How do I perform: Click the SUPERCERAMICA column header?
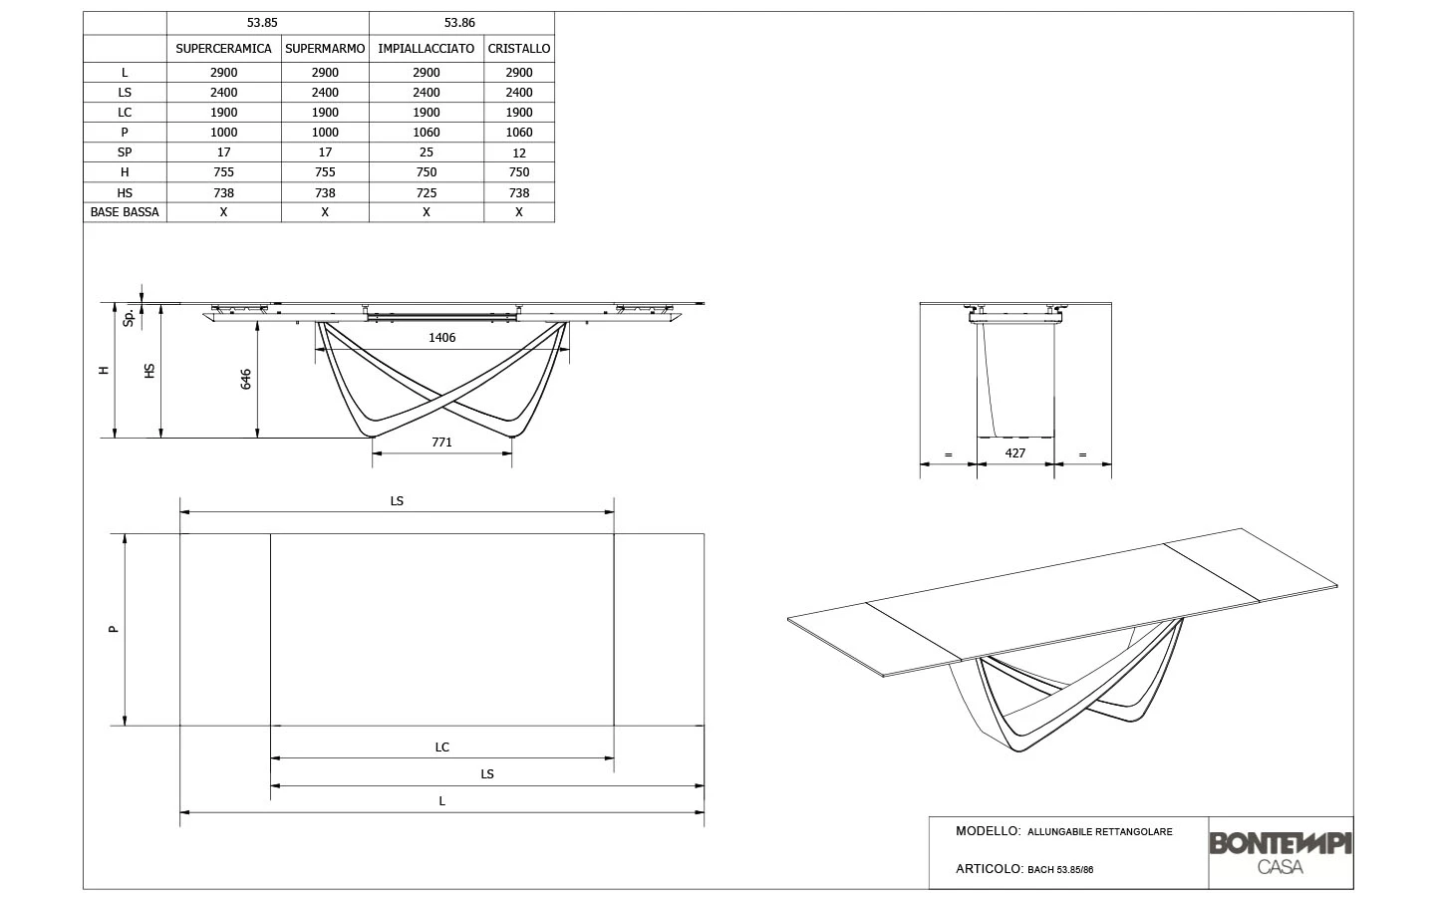223,48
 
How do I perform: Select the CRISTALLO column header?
518,48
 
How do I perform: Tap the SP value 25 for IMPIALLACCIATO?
427,152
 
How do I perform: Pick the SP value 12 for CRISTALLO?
518,152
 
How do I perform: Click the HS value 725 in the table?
427,192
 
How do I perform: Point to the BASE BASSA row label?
125,212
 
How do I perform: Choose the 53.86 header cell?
459,22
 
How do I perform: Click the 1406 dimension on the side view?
441,337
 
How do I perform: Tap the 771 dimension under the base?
441,442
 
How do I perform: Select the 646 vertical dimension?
246,379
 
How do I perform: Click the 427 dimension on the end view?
1014,452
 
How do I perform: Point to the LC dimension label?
441,747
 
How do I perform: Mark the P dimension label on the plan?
114,629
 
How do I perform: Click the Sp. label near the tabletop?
129,317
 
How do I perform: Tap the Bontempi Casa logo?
1281,852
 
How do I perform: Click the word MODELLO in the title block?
987,831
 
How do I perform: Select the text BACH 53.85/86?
1060,869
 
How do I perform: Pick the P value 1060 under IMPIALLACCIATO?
427,133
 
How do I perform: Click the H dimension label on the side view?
103,370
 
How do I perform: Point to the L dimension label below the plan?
441,800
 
